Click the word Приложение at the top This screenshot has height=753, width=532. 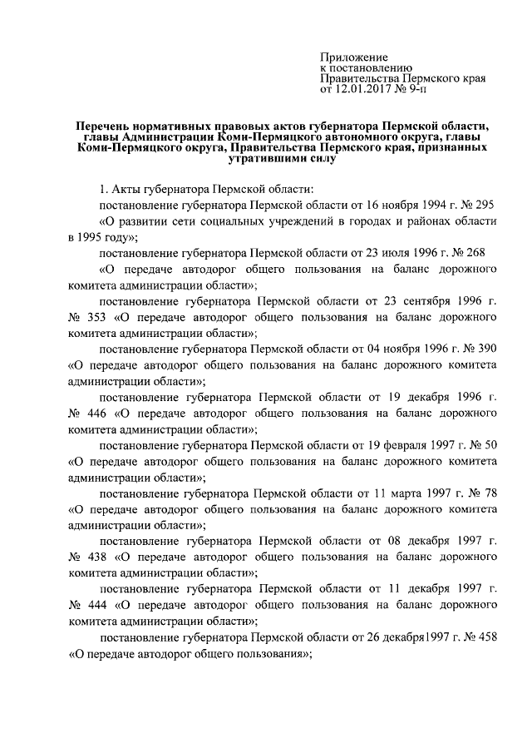coord(349,56)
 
